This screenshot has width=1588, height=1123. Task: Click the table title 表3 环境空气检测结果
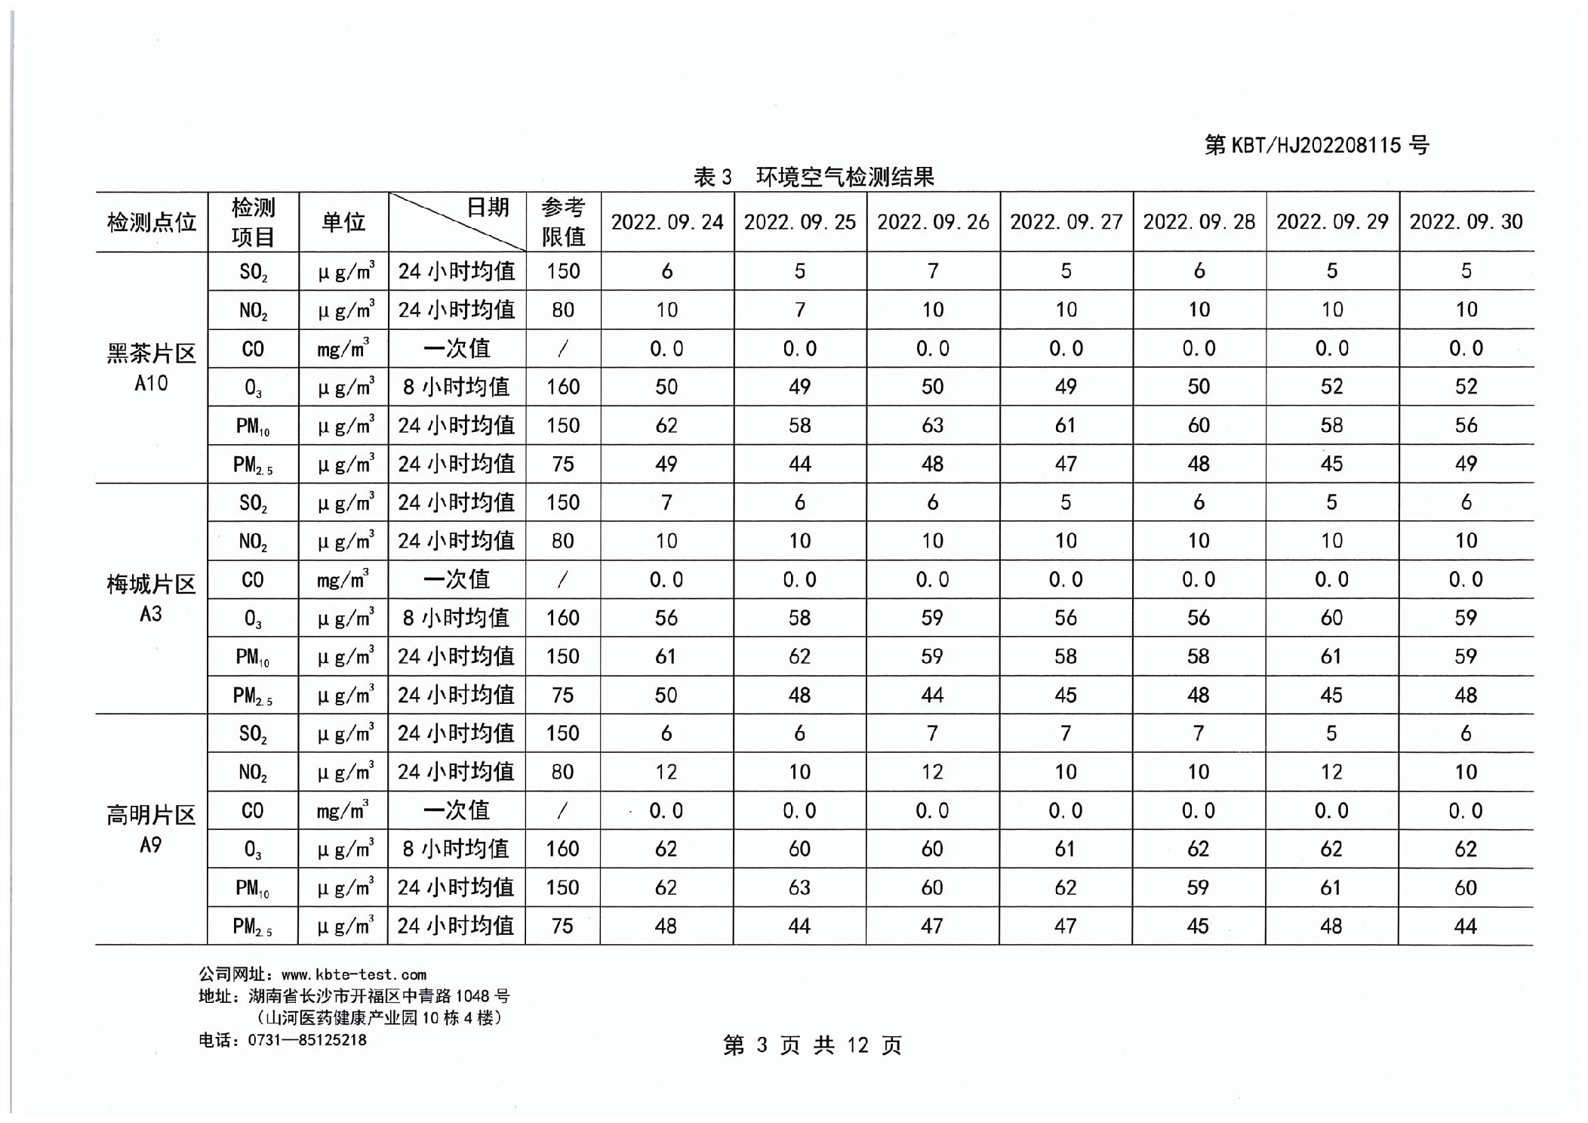click(813, 177)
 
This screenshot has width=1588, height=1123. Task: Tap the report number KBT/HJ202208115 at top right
click(1316, 145)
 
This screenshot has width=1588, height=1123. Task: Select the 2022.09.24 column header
click(666, 222)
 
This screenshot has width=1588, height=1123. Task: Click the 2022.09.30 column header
click(1466, 222)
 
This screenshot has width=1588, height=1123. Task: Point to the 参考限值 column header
click(563, 222)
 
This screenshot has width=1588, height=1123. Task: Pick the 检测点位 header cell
click(152, 222)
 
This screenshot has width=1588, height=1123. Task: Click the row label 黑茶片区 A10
click(152, 368)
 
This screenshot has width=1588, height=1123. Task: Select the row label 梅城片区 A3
click(152, 598)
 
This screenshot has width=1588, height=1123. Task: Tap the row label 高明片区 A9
click(152, 829)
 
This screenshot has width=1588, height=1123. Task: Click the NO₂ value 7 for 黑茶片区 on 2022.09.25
click(799, 310)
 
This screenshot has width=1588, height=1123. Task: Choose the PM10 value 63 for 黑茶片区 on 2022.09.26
click(932, 425)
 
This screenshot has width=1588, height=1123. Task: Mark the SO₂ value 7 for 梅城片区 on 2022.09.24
click(666, 502)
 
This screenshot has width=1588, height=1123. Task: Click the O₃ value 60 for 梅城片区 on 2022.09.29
click(1331, 618)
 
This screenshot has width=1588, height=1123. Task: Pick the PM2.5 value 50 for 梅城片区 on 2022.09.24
click(666, 695)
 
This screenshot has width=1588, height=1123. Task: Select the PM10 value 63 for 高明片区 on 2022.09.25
click(799, 887)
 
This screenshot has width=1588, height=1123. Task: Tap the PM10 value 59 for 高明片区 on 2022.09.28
click(1198, 887)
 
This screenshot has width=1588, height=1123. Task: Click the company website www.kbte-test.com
click(353, 975)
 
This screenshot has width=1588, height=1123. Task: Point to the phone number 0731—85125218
click(307, 1040)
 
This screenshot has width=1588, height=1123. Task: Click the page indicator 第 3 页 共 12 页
click(812, 1045)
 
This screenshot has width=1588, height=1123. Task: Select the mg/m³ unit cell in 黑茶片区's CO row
click(343, 349)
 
